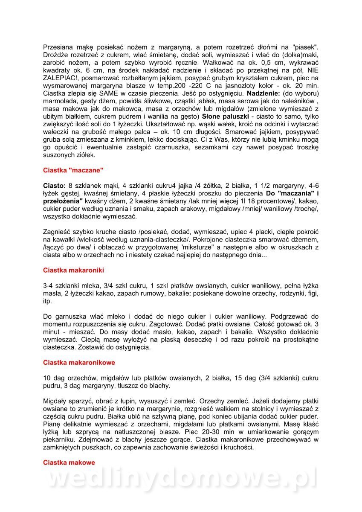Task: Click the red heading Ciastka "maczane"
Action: pyautogui.click(x=73, y=170)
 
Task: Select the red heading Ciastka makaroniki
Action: pyautogui.click(x=73, y=270)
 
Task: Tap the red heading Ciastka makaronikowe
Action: pyautogui.click(x=79, y=363)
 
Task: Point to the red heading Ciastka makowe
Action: pyautogui.click(x=69, y=463)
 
